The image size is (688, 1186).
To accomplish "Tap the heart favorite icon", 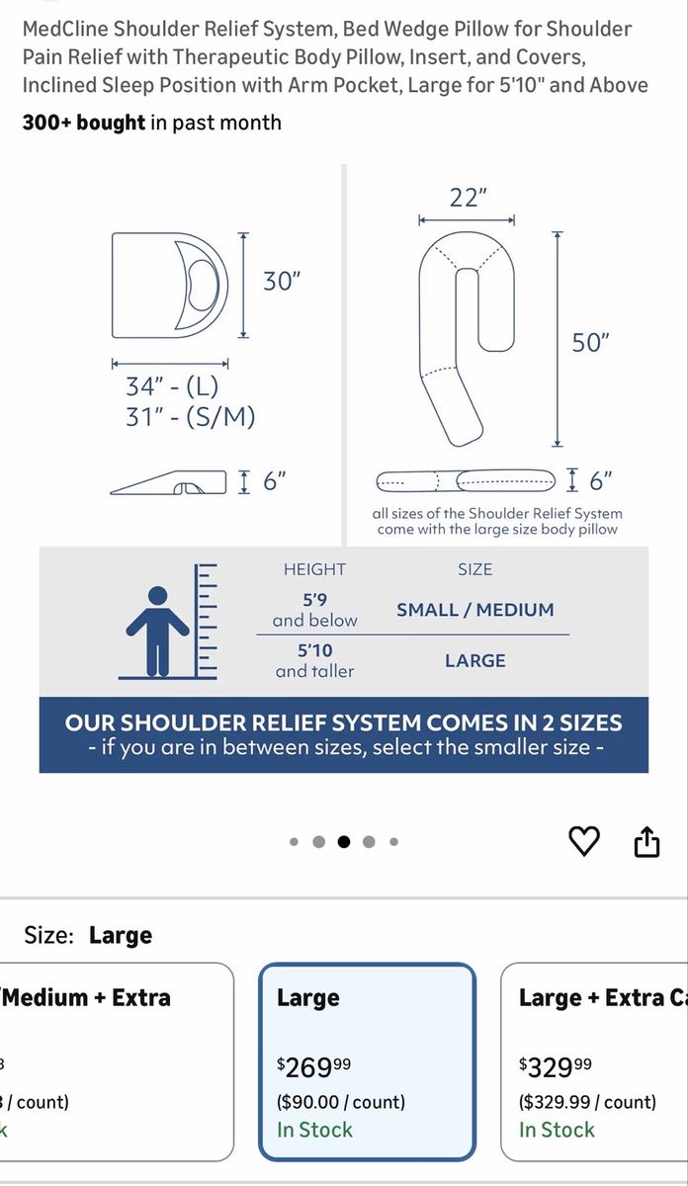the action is coord(583,841).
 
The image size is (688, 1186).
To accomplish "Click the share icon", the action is coord(646,841).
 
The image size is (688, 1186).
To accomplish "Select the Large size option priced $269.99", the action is coord(367,1061).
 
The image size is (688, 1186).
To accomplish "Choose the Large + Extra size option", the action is coord(594,1061).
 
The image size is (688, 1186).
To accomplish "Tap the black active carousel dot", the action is coord(344,841).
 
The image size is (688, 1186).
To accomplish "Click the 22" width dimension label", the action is coord(469,198).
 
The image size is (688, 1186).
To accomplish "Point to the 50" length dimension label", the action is coord(590,343).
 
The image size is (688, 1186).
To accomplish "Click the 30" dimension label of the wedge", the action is coord(282,281).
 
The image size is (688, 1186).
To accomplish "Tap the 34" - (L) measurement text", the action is coord(172,386).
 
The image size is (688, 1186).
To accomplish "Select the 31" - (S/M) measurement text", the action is coord(190,417).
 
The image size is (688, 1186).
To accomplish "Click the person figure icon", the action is coord(157,631).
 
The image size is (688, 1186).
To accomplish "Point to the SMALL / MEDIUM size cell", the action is coord(475,610).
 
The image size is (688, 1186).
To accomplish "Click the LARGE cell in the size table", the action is coord(475,661).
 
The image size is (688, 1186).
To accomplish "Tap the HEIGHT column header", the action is coord(314,569).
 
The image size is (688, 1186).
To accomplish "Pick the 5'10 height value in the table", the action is coord(314,650).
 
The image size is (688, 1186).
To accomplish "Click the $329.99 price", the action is coord(556,1066).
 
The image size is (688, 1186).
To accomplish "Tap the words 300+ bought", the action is coord(84,123).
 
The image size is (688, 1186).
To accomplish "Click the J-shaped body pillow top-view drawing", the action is coord(467,339).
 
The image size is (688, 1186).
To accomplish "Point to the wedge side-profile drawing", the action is coord(168,482).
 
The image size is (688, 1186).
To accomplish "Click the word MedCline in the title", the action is coord(65,29).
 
